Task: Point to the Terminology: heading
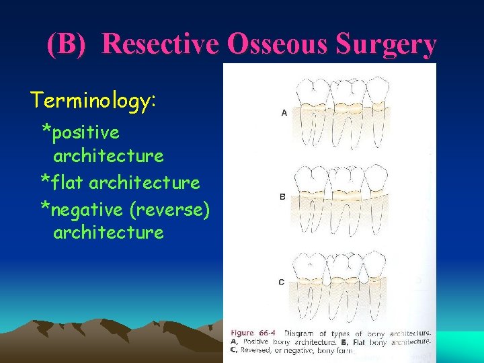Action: [x=93, y=101]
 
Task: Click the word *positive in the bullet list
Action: [x=81, y=132]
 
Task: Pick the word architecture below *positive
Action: [x=108, y=156]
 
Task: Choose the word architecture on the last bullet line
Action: [x=108, y=233]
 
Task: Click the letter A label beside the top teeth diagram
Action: [x=284, y=113]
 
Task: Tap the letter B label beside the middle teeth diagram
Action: [x=282, y=197]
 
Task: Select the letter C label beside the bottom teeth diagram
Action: [x=281, y=282]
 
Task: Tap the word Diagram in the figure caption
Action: [x=298, y=333]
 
